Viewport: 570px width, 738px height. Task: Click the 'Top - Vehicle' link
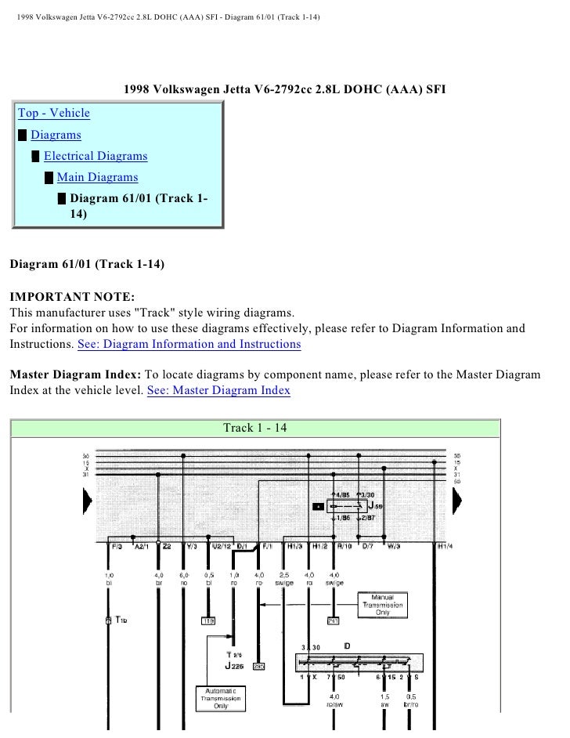coord(54,114)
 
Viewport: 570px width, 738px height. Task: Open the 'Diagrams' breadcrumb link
coord(56,135)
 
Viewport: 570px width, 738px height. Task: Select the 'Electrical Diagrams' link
coord(95,156)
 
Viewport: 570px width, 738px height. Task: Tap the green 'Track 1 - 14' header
coord(255,428)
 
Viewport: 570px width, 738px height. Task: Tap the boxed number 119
coord(207,622)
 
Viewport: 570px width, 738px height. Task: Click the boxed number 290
coord(258,667)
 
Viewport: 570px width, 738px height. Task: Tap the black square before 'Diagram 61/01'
coord(62,199)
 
